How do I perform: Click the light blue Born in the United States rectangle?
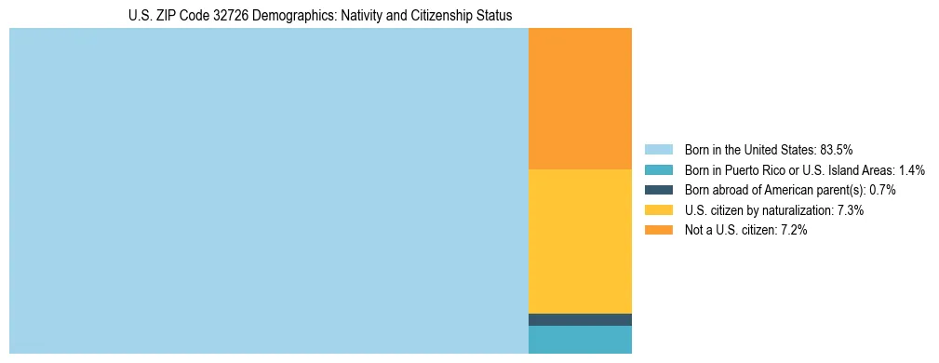[x=268, y=191]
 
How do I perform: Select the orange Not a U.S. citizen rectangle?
[x=580, y=99]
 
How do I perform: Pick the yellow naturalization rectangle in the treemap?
[x=580, y=241]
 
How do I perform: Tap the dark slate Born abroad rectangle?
[x=580, y=319]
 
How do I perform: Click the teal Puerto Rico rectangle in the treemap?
[x=580, y=340]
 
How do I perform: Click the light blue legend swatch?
[x=658, y=149]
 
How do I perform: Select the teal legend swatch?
[x=658, y=169]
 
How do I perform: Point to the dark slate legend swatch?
[x=658, y=190]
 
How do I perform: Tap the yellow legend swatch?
[x=658, y=210]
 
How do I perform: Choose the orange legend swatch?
[x=658, y=231]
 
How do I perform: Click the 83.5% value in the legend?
[x=837, y=149]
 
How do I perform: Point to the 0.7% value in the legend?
[x=882, y=190]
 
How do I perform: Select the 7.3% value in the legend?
[x=851, y=210]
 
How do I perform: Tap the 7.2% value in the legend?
[x=794, y=231]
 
